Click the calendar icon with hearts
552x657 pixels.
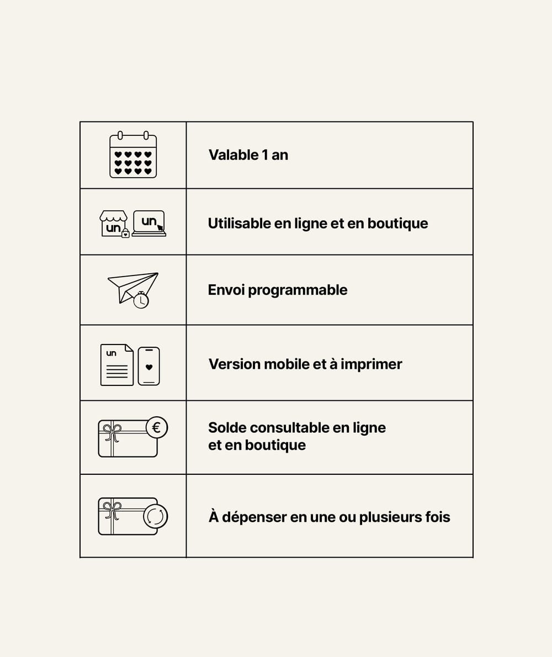click(x=133, y=155)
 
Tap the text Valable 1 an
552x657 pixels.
click(x=248, y=155)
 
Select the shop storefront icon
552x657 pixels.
click(x=114, y=224)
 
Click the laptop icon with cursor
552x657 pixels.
click(x=149, y=223)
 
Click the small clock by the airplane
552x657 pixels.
click(x=141, y=300)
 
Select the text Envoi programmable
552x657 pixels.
click(x=278, y=290)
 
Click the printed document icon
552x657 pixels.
click(x=117, y=365)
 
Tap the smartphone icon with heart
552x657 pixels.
click(x=148, y=366)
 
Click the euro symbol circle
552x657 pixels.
click(x=156, y=427)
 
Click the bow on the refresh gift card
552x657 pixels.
click(x=112, y=508)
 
